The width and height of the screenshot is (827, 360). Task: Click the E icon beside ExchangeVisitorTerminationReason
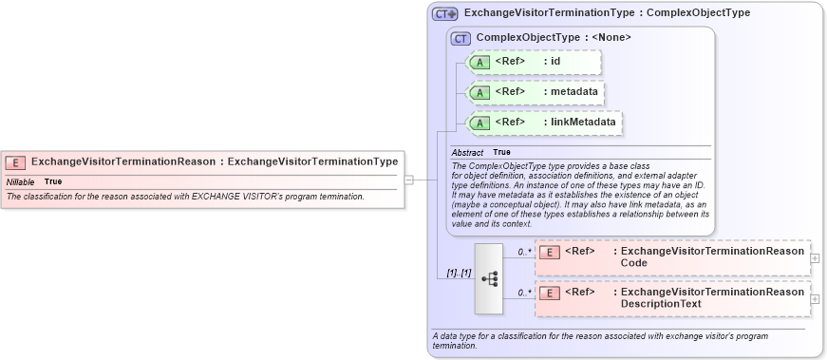(x=16, y=161)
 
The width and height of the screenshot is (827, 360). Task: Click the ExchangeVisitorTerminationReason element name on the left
(x=123, y=161)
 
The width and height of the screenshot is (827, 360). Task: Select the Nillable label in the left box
(x=20, y=181)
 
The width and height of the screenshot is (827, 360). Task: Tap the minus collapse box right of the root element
(x=408, y=178)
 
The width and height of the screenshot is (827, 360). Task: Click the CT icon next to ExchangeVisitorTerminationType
(x=444, y=14)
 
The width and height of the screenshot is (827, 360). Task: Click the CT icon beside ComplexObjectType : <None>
(x=460, y=38)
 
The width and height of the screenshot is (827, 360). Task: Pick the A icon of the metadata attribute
(x=479, y=92)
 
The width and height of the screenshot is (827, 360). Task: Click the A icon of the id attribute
(x=479, y=62)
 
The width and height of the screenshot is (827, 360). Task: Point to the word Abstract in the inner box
(x=467, y=152)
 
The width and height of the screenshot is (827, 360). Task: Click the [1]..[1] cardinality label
(x=459, y=273)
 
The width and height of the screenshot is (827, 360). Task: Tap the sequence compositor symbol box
(x=489, y=278)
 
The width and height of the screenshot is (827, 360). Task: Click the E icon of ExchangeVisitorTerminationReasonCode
(x=548, y=253)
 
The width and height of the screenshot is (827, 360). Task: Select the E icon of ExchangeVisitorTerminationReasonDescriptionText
(x=548, y=294)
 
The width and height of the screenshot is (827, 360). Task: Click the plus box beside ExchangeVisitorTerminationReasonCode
(x=815, y=257)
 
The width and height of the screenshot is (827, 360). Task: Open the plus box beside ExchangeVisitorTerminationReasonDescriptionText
(x=815, y=298)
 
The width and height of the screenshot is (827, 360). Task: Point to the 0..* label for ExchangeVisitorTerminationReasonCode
(x=524, y=252)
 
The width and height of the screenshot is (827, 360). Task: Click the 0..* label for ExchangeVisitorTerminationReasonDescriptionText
(x=524, y=293)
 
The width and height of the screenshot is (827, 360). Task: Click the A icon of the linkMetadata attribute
(x=479, y=122)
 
